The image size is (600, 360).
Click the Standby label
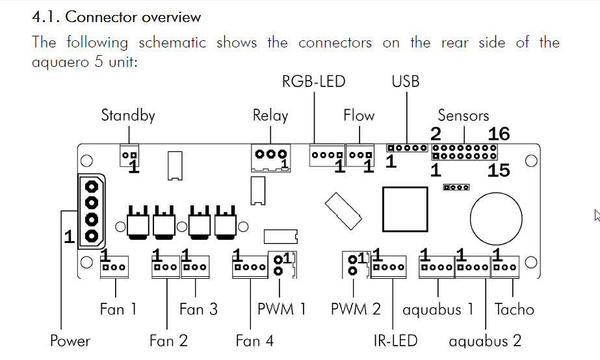128,116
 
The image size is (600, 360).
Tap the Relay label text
270,116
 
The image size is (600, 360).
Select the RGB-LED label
313,82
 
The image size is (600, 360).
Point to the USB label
406,82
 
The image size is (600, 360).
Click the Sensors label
463,116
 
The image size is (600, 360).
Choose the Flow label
359,116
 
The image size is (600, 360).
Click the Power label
70,341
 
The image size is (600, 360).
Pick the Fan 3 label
198,309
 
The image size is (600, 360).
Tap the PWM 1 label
281,309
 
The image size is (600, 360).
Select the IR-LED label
395,341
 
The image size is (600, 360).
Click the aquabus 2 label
485,341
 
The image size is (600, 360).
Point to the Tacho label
514,309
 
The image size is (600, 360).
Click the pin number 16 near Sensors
499,135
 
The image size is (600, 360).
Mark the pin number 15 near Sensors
499,170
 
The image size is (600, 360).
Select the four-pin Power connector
91,211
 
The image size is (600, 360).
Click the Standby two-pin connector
130,155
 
